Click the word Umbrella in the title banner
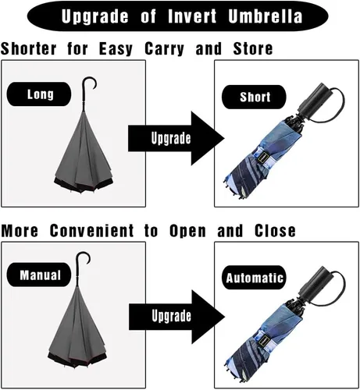[x=266, y=16]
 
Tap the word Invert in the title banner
[x=192, y=16]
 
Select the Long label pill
[x=39, y=94]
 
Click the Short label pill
[x=254, y=97]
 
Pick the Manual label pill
[x=39, y=275]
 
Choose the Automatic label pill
[x=254, y=278]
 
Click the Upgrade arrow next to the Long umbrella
[x=176, y=138]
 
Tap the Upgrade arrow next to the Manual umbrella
[x=176, y=317]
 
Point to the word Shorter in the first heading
[x=28, y=48]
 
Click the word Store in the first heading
[x=253, y=48]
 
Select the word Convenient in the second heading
[x=91, y=230]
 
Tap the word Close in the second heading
[x=275, y=230]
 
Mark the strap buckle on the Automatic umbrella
[x=264, y=340]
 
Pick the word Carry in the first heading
[x=164, y=48]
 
